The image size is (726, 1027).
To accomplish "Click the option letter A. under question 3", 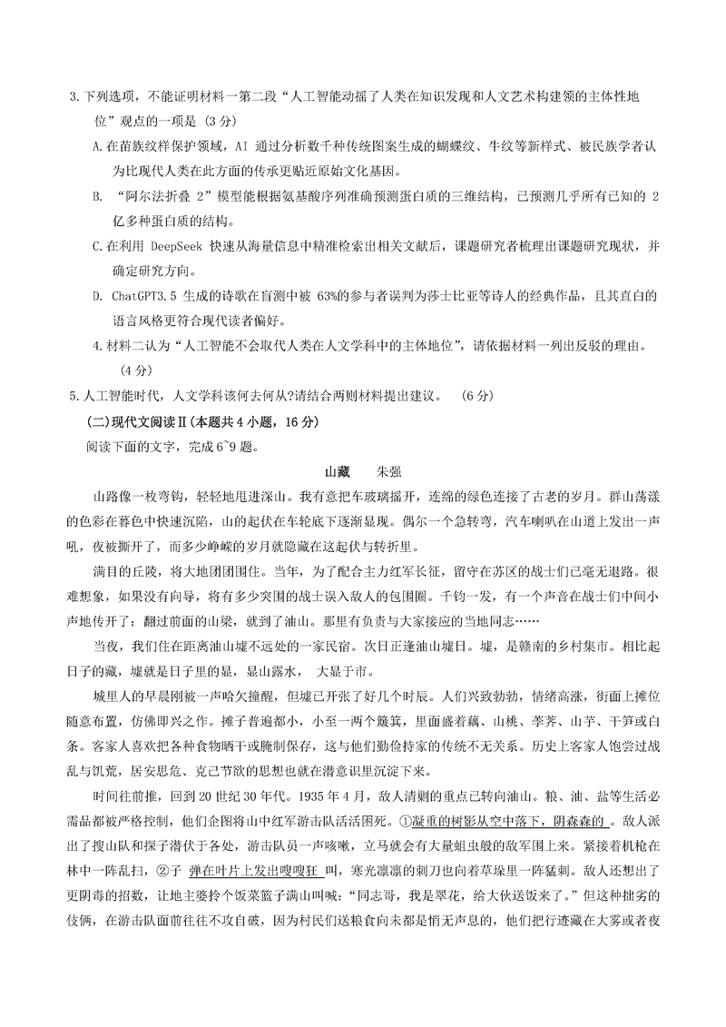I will (x=99, y=145).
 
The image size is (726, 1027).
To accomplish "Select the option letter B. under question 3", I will (x=98, y=196).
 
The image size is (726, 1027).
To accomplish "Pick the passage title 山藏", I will (x=337, y=472).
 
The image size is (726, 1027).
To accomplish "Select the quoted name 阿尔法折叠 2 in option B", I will (x=168, y=196).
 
